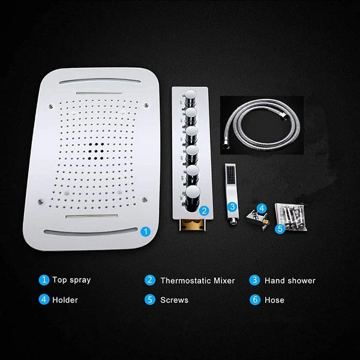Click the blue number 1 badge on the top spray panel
click(x=145, y=232)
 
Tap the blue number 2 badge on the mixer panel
click(x=204, y=211)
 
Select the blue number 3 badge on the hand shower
click(x=232, y=206)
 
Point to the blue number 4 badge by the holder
click(x=262, y=208)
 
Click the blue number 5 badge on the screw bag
click(x=280, y=229)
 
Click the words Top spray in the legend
click(x=71, y=280)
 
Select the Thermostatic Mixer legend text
click(x=197, y=281)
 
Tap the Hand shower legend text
click(x=290, y=281)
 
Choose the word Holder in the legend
click(x=65, y=300)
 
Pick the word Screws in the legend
click(x=174, y=300)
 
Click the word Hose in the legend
click(x=274, y=300)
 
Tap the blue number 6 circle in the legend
click(x=255, y=300)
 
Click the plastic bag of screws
click(x=291, y=216)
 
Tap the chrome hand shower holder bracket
click(x=257, y=219)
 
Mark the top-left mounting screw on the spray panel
click(x=50, y=106)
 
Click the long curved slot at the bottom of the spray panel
click(x=91, y=232)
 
